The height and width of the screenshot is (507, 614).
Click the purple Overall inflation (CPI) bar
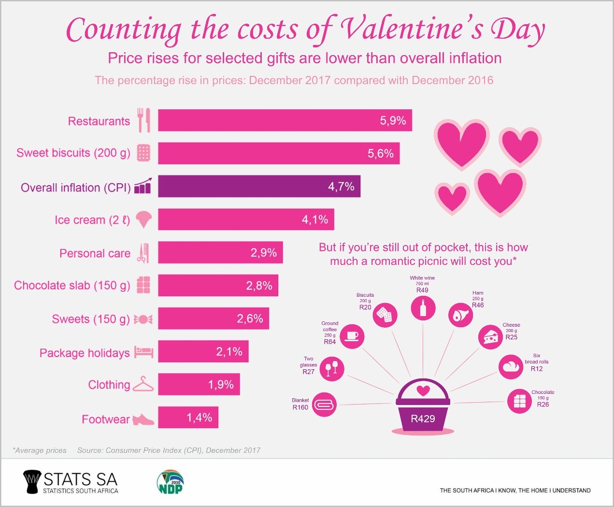(x=259, y=187)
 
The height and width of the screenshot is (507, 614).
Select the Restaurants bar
(x=285, y=120)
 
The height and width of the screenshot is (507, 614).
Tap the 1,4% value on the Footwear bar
(x=200, y=418)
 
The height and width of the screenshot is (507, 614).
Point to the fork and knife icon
(x=144, y=120)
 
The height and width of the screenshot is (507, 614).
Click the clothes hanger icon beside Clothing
(x=143, y=385)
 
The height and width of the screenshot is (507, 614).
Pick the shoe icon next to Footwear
(x=143, y=419)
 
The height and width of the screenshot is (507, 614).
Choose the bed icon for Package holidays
(x=143, y=352)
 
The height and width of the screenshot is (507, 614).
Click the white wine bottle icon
(x=423, y=308)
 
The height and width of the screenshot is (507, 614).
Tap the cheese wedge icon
(x=490, y=337)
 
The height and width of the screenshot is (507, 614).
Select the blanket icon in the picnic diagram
(x=324, y=405)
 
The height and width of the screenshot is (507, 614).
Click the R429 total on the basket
(x=423, y=419)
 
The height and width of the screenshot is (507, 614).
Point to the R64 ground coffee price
(x=330, y=342)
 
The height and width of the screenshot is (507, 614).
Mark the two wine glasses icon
(x=332, y=368)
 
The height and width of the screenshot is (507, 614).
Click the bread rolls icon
(x=511, y=367)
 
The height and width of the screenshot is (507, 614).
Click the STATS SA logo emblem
(x=32, y=482)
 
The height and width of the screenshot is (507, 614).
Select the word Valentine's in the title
(x=411, y=29)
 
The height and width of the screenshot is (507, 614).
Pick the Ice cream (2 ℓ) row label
(x=92, y=220)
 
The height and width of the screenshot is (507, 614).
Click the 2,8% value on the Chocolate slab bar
(x=259, y=286)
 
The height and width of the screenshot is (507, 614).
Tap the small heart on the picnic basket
(x=423, y=390)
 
